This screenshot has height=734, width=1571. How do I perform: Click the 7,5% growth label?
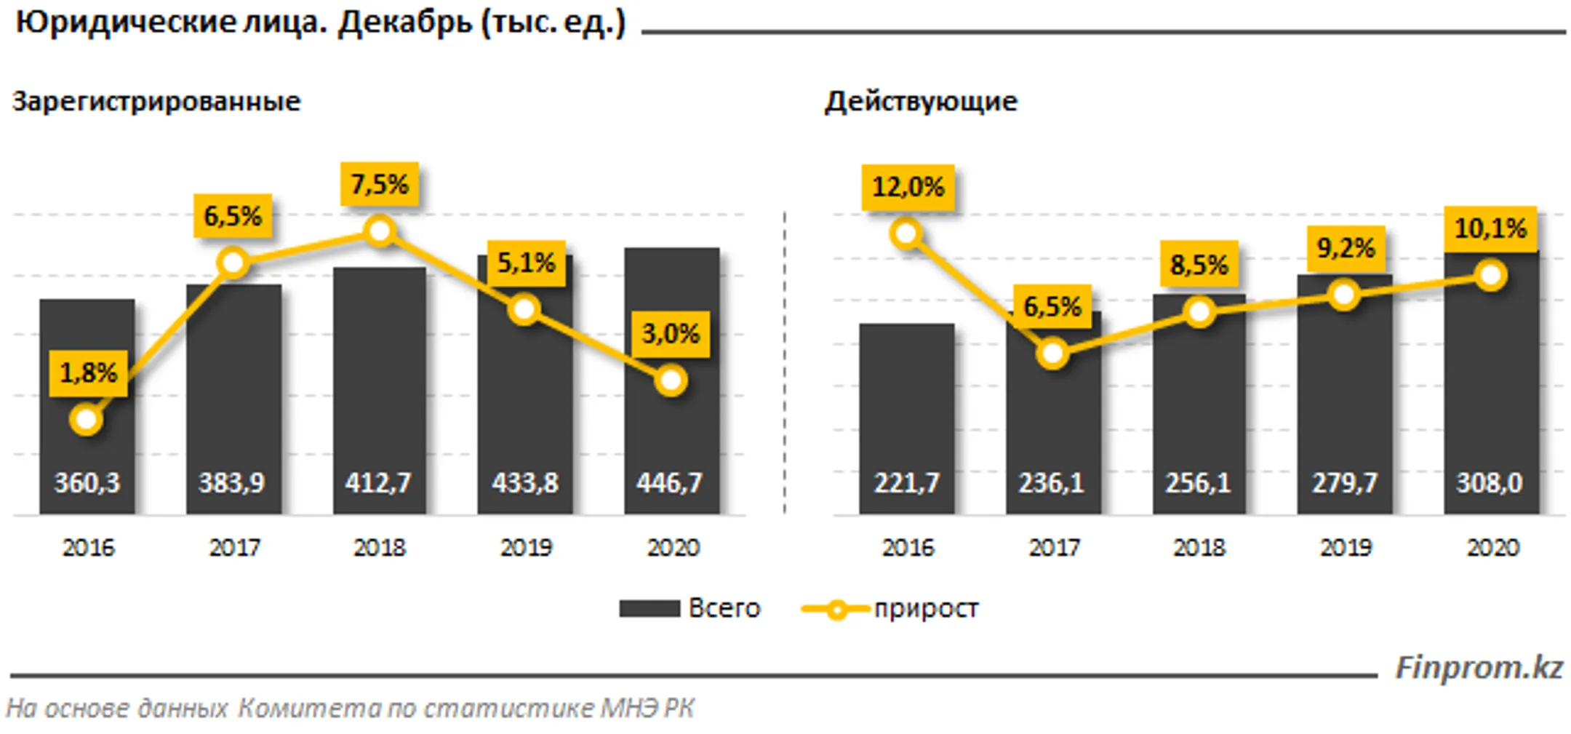379,184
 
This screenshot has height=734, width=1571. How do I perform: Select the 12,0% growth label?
908,188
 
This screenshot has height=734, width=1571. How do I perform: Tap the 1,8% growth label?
88,373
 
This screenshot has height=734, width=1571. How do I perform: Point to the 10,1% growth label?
1490,229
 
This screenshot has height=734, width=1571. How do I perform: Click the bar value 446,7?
670,483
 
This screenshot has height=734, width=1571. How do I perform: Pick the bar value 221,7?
906,483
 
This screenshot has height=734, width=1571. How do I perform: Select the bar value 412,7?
378,483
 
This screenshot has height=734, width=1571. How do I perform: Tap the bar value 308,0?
1490,483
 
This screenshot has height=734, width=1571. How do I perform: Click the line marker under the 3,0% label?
671,380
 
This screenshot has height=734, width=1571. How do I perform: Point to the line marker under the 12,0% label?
906,234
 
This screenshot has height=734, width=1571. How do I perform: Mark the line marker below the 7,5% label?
380,232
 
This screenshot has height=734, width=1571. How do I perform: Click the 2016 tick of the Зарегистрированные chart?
88,548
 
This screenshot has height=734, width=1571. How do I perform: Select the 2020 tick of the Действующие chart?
1492,548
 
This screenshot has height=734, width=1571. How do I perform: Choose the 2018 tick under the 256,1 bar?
1199,548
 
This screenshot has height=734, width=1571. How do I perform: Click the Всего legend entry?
689,608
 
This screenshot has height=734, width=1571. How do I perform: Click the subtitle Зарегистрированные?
156,101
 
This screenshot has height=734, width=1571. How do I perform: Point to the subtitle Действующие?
921,101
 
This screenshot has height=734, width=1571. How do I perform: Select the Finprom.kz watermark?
1479,667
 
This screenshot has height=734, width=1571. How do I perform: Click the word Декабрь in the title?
405,23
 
